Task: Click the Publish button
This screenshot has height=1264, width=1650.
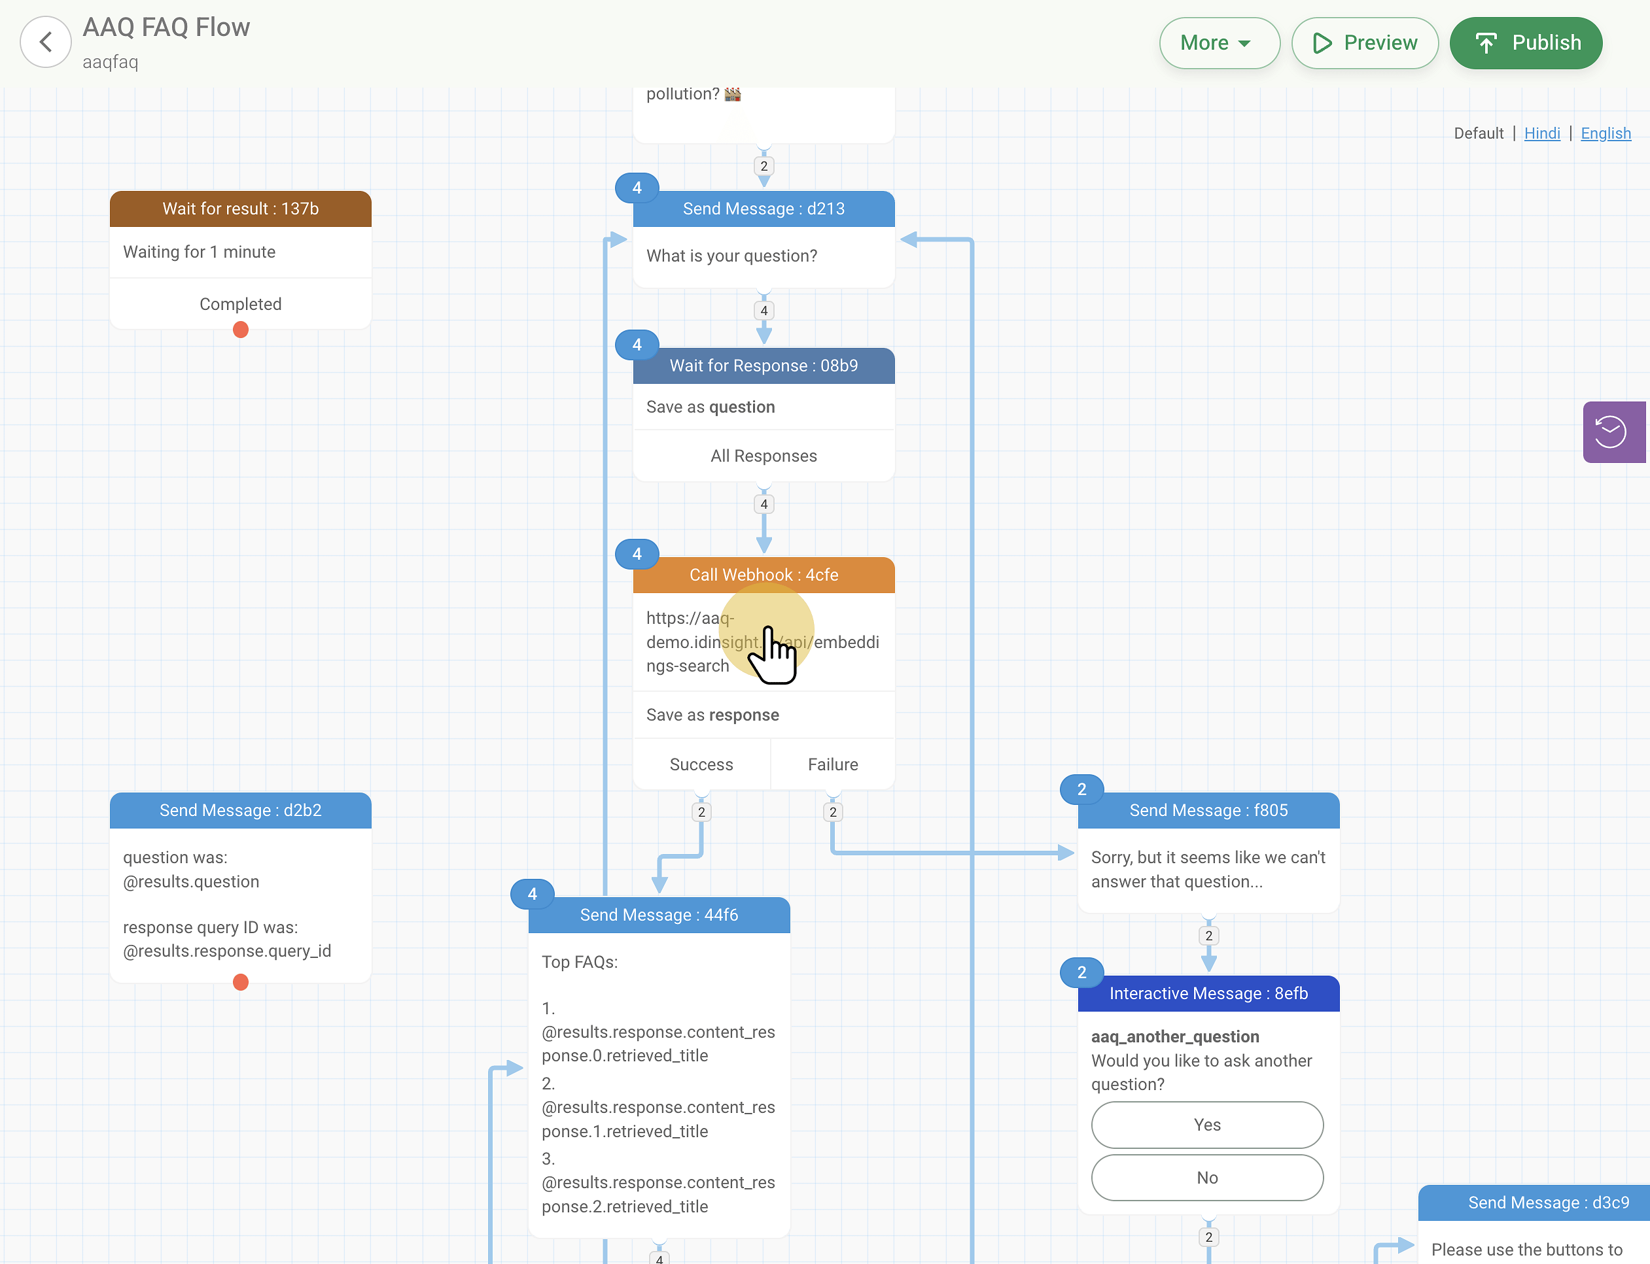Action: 1526,43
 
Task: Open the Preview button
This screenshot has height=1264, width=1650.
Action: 1365,43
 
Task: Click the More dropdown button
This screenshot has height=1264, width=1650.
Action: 1220,43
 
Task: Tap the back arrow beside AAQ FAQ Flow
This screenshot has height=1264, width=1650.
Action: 46,42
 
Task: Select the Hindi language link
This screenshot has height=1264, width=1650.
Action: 1541,133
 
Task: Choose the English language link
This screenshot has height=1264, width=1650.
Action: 1606,133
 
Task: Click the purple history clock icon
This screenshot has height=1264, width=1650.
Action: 1613,432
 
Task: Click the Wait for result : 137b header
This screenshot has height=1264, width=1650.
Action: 241,209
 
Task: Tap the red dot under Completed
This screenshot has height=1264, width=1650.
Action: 241,330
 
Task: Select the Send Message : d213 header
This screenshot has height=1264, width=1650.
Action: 764,209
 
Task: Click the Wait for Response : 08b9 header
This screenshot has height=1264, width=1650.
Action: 764,366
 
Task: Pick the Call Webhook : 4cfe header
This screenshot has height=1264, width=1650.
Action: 764,575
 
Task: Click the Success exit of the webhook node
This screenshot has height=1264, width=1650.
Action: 701,764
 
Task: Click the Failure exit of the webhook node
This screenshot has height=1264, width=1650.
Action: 834,764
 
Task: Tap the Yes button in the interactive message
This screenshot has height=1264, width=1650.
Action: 1207,1125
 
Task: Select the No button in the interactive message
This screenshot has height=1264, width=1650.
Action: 1207,1178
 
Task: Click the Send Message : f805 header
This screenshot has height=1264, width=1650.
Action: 1209,810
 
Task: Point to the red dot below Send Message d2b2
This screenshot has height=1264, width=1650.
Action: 241,982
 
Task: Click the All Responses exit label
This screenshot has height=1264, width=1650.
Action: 764,456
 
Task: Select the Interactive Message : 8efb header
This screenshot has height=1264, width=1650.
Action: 1209,993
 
